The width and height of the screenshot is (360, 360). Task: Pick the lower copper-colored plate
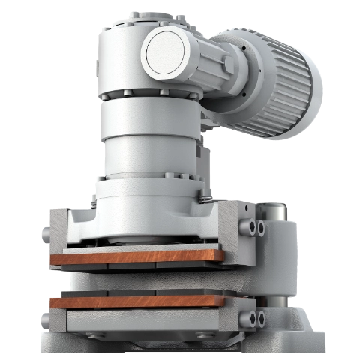point(135,301)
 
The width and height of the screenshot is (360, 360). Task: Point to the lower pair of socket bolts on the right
point(256,319)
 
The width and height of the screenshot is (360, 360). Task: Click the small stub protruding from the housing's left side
point(40,234)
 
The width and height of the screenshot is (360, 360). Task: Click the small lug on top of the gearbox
point(133,13)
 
